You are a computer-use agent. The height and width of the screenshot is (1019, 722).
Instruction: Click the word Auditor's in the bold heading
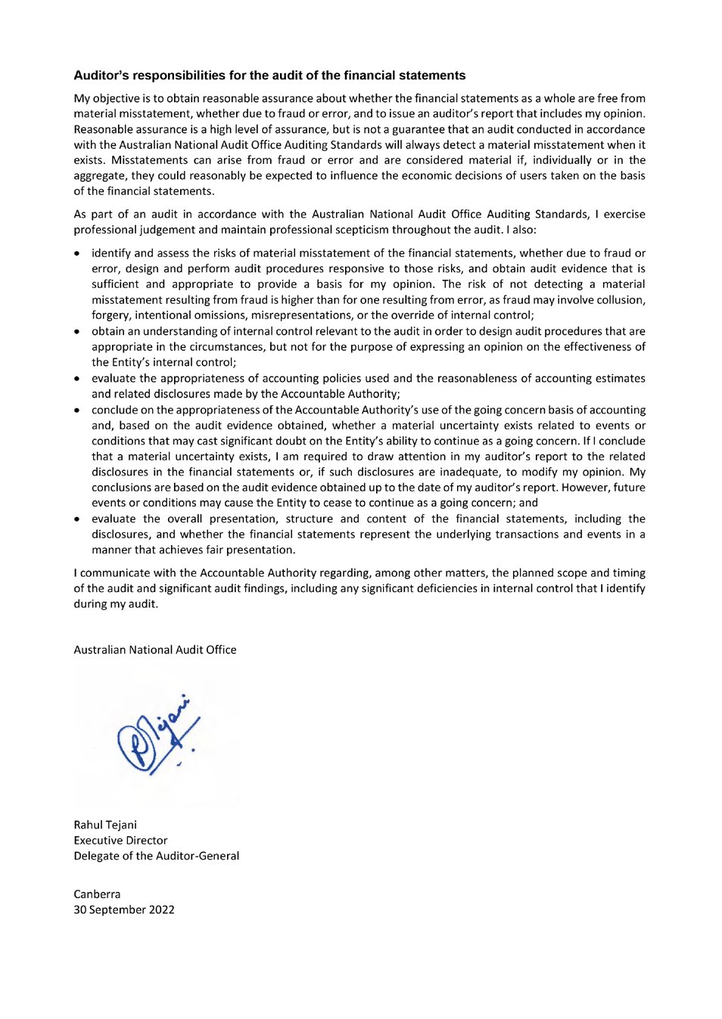tap(101, 76)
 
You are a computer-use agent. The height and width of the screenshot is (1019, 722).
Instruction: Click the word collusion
tap(618, 300)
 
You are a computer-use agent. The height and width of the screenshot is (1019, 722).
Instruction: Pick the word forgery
tap(110, 315)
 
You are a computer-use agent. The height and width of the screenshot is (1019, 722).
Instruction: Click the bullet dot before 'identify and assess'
tap(78, 254)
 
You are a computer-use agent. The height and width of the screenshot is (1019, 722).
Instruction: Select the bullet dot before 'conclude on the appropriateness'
tap(78, 410)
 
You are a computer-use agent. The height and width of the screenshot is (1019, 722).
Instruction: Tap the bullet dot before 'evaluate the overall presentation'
tap(78, 519)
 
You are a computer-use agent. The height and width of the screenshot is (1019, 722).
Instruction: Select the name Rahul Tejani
tap(105, 825)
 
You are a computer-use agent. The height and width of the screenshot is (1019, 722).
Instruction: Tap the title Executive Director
tap(120, 841)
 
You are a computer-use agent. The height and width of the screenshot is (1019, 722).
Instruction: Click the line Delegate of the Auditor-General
tap(156, 856)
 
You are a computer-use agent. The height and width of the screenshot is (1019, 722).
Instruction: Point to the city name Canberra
tap(97, 894)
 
